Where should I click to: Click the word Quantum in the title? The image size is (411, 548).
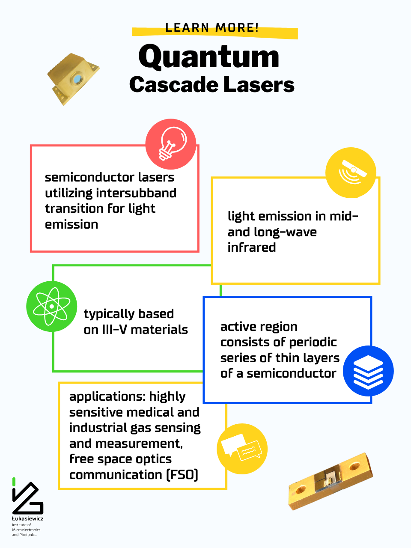(x=208, y=57)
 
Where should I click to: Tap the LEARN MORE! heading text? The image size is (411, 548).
(x=212, y=27)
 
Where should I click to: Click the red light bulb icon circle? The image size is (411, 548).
(x=171, y=144)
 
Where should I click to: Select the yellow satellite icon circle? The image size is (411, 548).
(x=351, y=173)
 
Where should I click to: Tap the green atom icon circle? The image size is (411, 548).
(x=52, y=307)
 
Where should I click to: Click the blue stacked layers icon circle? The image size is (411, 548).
(x=368, y=371)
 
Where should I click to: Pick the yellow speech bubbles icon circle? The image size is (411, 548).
(x=242, y=449)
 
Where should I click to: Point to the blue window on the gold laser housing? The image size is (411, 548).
(x=77, y=79)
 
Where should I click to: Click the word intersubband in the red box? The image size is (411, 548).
(x=136, y=193)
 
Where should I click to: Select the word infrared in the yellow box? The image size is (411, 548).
(x=252, y=247)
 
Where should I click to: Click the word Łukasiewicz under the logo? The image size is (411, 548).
(x=28, y=518)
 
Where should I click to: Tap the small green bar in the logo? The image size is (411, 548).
(x=14, y=482)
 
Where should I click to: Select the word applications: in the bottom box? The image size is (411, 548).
(x=107, y=397)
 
